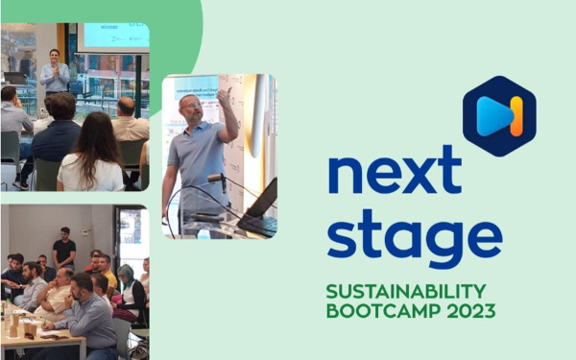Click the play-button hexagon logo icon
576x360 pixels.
tap(499, 115)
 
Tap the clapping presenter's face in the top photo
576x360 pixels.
tap(55, 56)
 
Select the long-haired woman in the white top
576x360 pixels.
tap(91, 154)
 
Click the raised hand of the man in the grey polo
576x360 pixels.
tap(225, 97)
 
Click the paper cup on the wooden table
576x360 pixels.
tap(28, 327)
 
